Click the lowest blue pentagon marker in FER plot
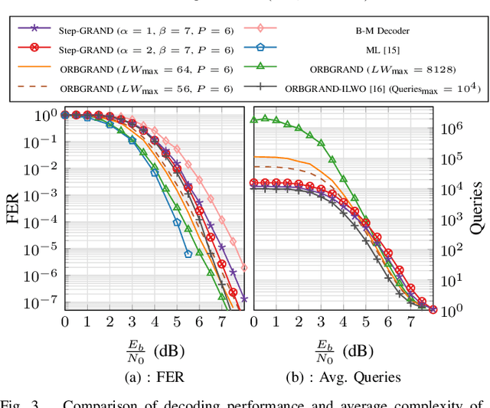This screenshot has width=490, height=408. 188,253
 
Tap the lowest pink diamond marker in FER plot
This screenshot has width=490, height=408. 244,268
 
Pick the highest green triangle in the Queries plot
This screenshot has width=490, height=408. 265,118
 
